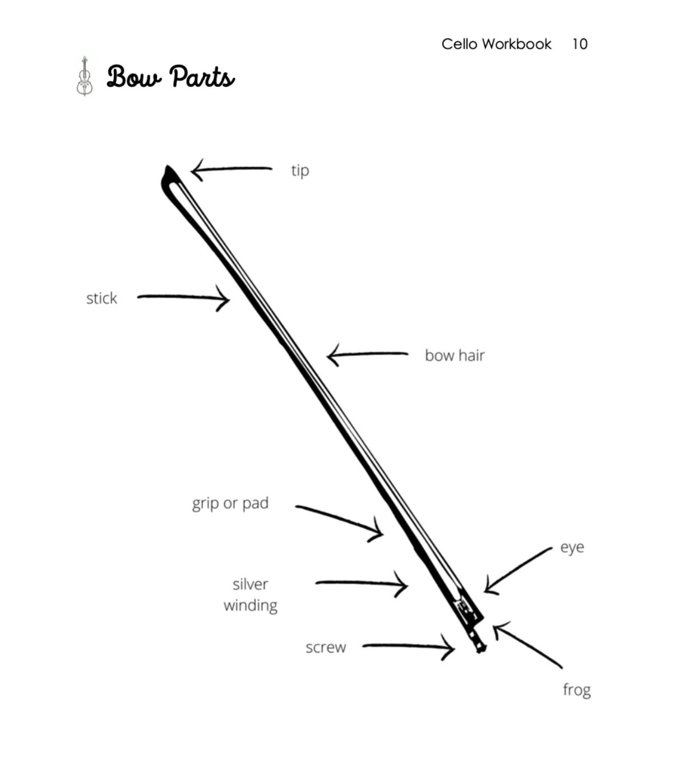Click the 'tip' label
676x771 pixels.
point(300,170)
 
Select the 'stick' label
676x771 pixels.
point(101,298)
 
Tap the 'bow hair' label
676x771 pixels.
point(454,356)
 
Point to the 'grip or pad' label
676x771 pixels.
point(230,503)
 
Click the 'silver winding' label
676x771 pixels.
point(250,594)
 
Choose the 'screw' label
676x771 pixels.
point(326,648)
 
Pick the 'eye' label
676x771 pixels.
point(572,547)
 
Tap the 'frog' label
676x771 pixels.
point(577,689)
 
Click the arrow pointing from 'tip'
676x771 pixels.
point(231,169)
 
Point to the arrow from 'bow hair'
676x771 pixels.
point(367,354)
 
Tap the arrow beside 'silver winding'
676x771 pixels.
point(362,584)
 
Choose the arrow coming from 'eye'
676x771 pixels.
point(517,569)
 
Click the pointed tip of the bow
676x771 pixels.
point(167,169)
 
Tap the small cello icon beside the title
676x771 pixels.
point(84,76)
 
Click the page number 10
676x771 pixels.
point(580,44)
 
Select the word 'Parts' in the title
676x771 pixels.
point(202,77)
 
